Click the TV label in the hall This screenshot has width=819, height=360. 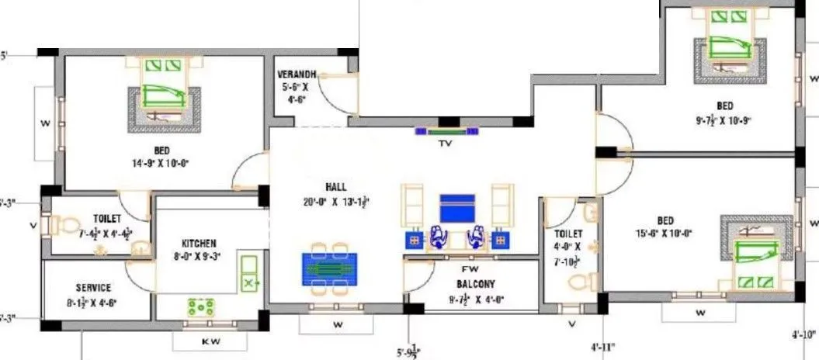tap(446, 144)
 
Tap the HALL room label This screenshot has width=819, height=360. tap(336, 187)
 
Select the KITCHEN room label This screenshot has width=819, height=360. tap(199, 243)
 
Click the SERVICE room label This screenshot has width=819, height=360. tap(93, 287)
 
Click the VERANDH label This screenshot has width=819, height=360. tap(298, 74)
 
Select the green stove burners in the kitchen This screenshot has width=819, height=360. tap(201, 306)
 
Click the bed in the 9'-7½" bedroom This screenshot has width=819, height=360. tap(730, 48)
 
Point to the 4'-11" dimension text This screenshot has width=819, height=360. tap(603, 348)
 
